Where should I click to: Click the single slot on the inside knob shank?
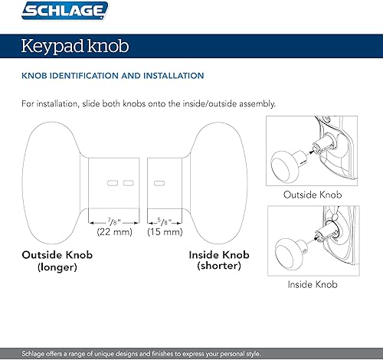(159, 183)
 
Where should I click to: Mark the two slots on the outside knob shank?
(120, 183)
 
